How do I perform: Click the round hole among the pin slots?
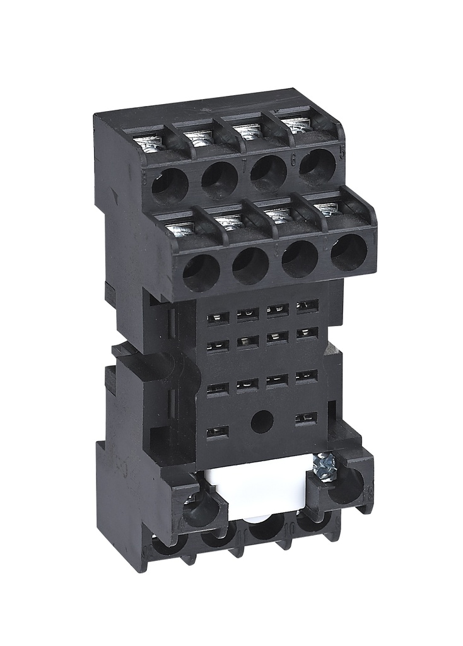point(261,421)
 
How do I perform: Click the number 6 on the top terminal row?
point(293,161)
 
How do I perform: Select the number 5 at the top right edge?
point(341,153)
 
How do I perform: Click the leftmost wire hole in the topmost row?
point(170,187)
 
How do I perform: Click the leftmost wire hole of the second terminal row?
point(201,273)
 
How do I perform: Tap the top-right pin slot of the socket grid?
point(307,307)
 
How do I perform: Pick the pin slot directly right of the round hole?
point(306,418)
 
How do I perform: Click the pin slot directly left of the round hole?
point(218,432)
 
